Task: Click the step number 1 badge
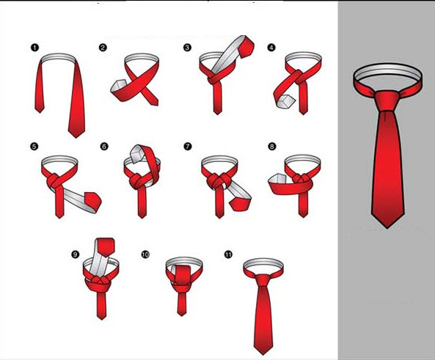[x=34, y=48]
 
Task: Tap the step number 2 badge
[x=103, y=48]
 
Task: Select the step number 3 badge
[x=187, y=48]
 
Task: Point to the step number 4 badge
[x=271, y=48]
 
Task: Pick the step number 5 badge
[x=34, y=146]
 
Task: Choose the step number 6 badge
[x=104, y=146]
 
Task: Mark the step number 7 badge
[x=188, y=146]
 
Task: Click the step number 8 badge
[x=272, y=146]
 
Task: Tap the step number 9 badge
[x=75, y=254]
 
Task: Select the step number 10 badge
[x=145, y=254]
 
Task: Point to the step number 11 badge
[x=228, y=254]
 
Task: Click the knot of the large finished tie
[x=387, y=100]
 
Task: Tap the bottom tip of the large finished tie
[x=387, y=228]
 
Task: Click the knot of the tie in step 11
[x=263, y=280]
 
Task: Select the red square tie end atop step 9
[x=106, y=247]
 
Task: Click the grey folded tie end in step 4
[x=285, y=101]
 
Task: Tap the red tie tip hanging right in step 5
[x=93, y=201]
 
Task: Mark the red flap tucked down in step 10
[x=182, y=276]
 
